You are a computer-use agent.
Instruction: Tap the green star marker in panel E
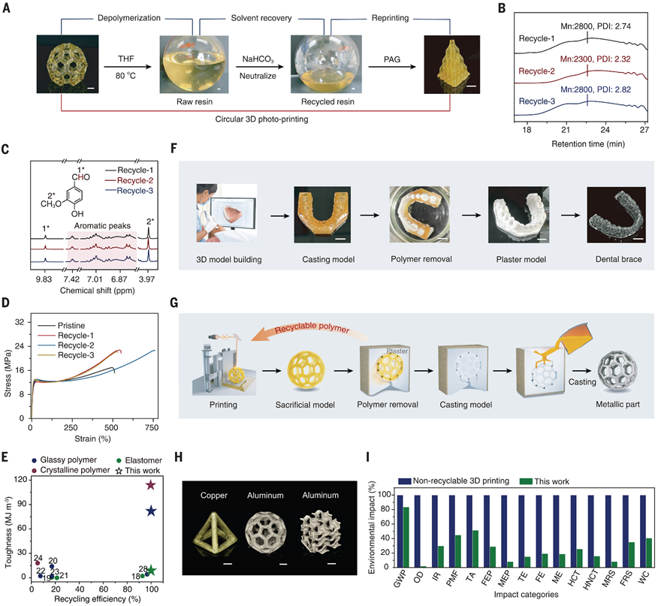150,571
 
